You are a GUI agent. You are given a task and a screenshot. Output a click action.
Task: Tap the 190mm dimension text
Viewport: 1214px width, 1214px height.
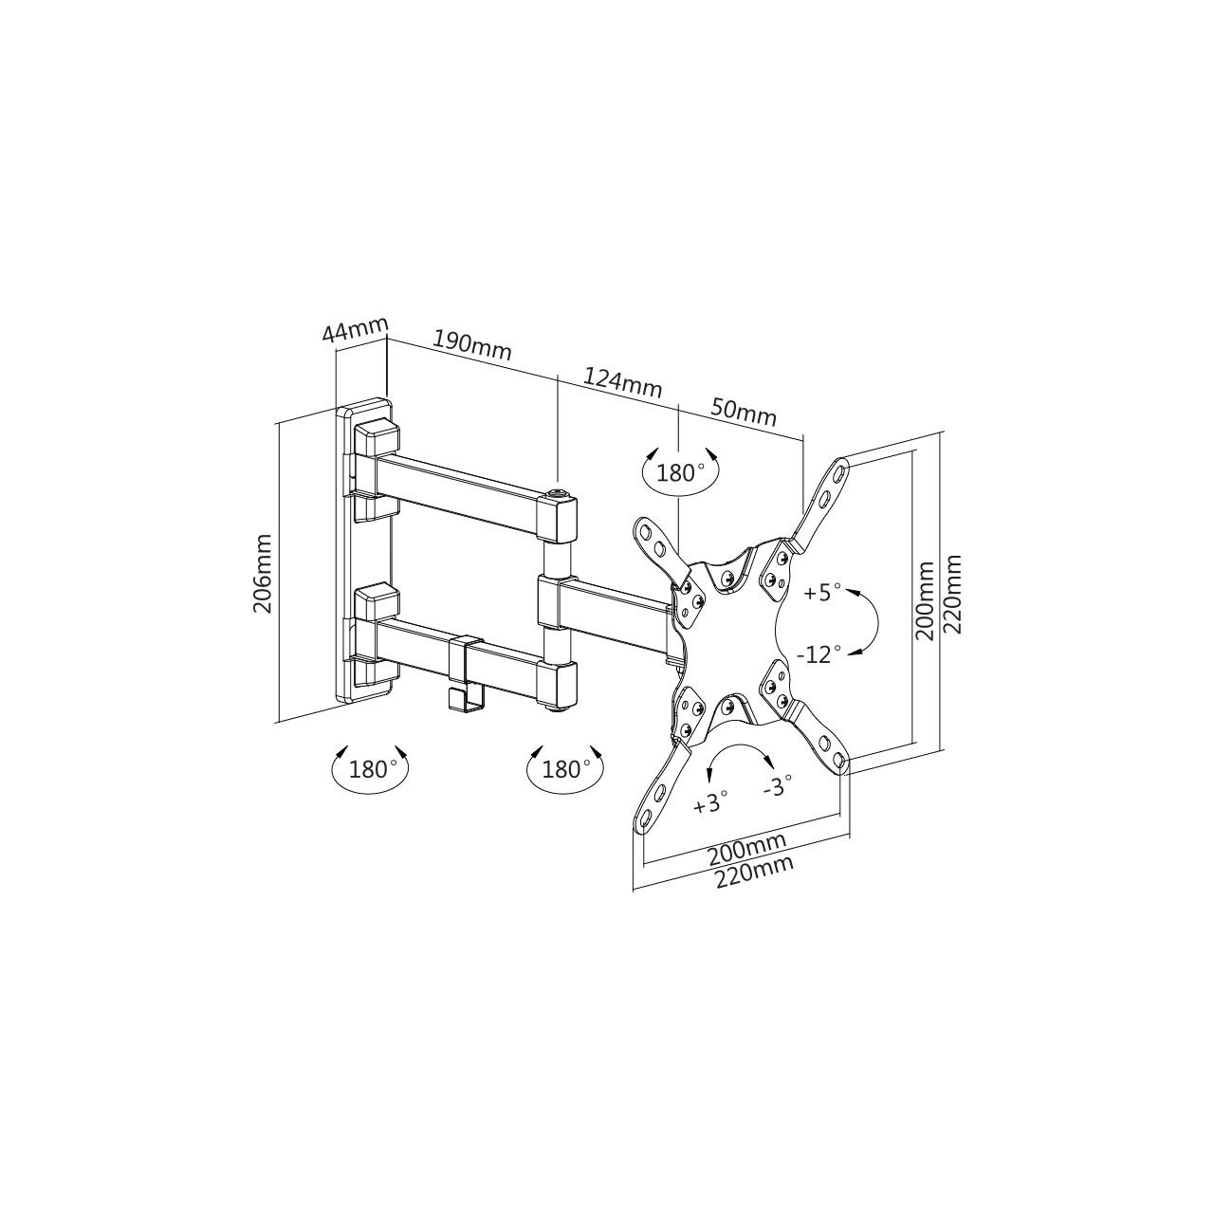click(472, 345)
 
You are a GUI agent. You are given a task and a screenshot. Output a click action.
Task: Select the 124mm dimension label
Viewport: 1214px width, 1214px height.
click(622, 383)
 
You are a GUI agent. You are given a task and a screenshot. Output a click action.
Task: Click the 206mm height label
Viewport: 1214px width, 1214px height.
click(262, 573)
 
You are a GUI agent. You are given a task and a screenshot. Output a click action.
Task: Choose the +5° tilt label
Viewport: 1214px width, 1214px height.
click(823, 592)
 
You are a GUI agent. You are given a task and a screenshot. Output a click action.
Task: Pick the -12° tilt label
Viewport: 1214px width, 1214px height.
click(819, 654)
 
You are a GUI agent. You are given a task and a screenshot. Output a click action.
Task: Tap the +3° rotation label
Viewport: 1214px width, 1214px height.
click(710, 804)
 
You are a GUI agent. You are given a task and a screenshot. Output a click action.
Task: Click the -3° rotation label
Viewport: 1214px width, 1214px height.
click(778, 786)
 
